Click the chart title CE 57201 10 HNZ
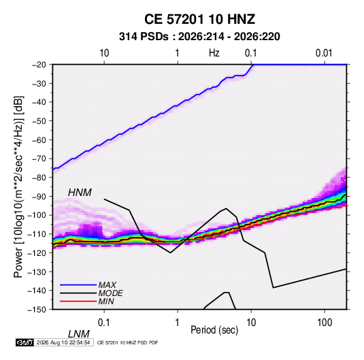pos(199,19)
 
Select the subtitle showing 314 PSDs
pos(199,37)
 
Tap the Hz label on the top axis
pos(214,53)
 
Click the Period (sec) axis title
pos(214,330)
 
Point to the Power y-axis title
pos(18,186)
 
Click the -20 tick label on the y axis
pos(39,65)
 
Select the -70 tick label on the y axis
pos(39,159)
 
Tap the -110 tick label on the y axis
pos(37,234)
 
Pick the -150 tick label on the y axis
pos(37,310)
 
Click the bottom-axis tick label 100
pos(325,323)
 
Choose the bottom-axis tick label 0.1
pos(103,323)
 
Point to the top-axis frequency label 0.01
pos(324,53)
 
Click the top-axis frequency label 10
pos(104,53)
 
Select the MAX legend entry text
pos(107,285)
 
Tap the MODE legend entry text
pos(110,293)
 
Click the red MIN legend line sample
pos(78,301)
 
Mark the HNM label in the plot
pos(80,193)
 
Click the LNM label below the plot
pos(78,334)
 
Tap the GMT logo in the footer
pos(24,342)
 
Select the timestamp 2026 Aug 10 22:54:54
pos(63,342)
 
